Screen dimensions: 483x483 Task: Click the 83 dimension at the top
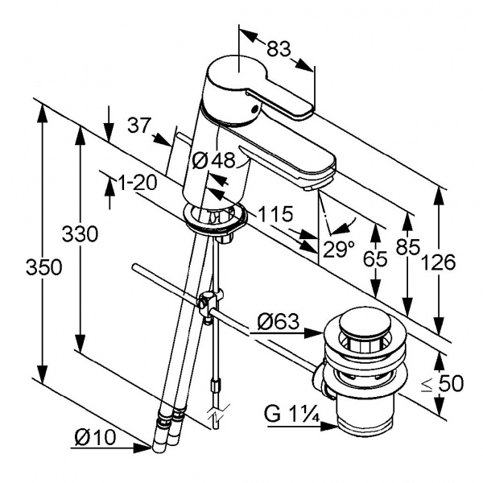click(278, 49)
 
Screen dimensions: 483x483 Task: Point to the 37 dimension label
click(139, 126)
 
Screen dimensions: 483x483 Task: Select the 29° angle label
click(338, 249)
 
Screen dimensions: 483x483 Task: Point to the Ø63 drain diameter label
click(279, 324)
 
